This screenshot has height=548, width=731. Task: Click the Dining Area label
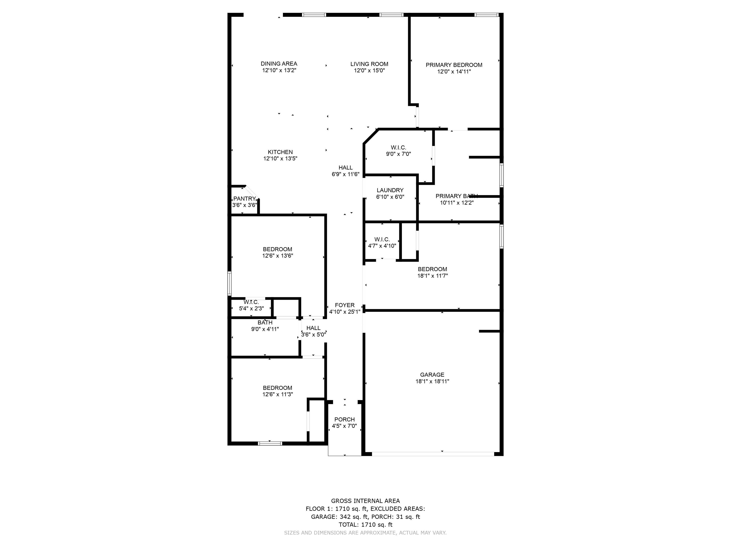[279, 64]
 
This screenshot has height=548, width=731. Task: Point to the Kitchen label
[280, 152]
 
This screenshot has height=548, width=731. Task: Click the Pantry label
[245, 199]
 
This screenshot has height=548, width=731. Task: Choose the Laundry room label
[390, 190]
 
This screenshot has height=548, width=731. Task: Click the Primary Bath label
[456, 196]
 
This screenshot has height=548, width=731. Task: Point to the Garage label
[432, 375]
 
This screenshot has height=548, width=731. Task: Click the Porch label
[344, 420]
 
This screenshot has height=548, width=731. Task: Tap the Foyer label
[345, 305]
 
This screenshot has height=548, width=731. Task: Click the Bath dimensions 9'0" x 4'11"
[265, 329]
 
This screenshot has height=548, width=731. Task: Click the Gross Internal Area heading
[365, 501]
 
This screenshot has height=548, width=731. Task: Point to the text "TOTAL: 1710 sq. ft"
[365, 524]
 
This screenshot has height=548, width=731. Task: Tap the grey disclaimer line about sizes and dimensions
[365, 533]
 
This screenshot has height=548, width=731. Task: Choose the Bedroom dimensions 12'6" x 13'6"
[278, 256]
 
